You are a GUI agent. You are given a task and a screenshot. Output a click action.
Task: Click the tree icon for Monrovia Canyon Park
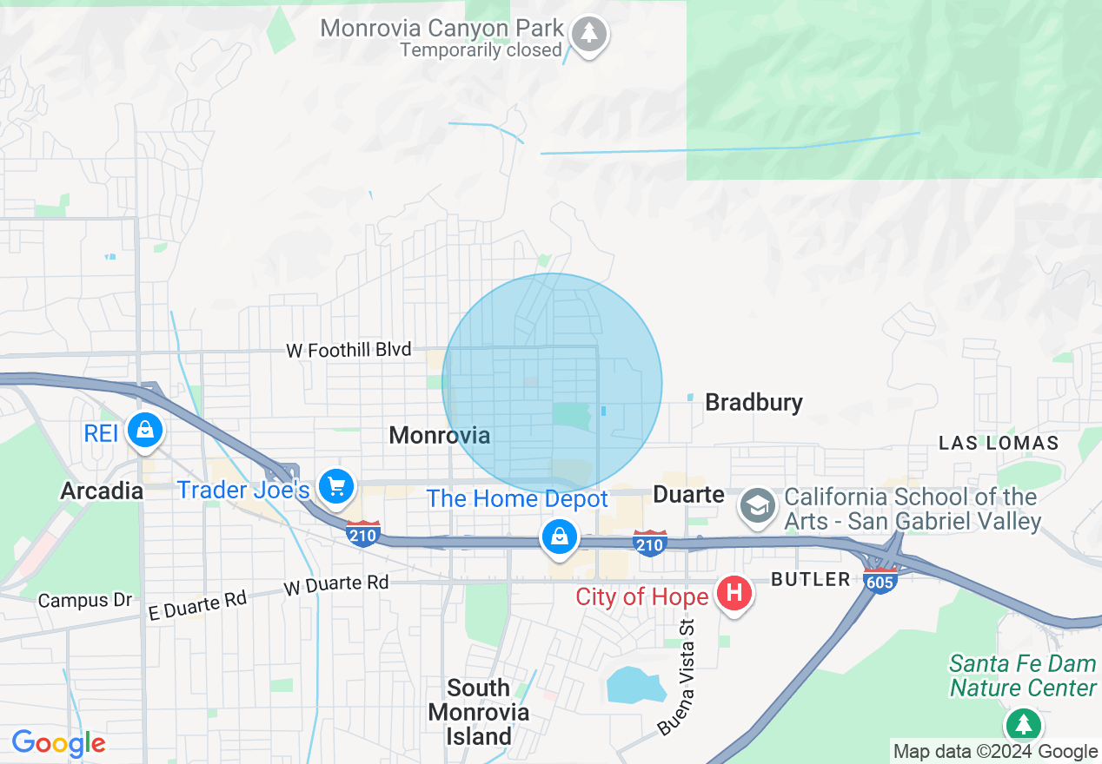click(x=590, y=35)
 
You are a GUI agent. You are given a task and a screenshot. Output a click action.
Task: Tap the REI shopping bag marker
click(x=144, y=430)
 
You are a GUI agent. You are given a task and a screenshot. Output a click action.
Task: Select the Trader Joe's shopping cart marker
click(x=335, y=486)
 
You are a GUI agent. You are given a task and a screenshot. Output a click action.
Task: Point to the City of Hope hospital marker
click(x=734, y=594)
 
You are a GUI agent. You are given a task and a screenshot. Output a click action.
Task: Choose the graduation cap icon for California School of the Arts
click(x=758, y=505)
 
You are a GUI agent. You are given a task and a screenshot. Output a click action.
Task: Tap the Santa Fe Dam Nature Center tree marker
click(x=1024, y=723)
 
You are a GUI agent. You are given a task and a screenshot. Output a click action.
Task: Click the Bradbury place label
click(x=753, y=402)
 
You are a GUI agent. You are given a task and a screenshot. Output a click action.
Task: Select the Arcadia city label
click(x=102, y=491)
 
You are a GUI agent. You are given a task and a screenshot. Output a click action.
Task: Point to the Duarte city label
click(x=688, y=494)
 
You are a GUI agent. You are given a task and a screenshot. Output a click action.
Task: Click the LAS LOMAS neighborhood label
click(x=999, y=443)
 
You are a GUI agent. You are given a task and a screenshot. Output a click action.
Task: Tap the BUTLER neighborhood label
click(x=811, y=579)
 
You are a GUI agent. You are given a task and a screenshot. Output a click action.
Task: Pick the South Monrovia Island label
click(x=478, y=712)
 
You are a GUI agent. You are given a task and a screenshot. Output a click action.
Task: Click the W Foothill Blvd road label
click(x=349, y=350)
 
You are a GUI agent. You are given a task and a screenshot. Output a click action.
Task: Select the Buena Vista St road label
click(x=679, y=677)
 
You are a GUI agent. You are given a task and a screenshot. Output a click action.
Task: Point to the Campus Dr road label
click(x=85, y=600)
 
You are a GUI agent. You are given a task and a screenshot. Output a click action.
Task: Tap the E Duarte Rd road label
click(x=197, y=604)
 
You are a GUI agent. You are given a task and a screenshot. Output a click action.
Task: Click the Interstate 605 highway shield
click(x=880, y=581)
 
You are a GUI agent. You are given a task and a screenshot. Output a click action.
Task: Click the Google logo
click(x=58, y=743)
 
